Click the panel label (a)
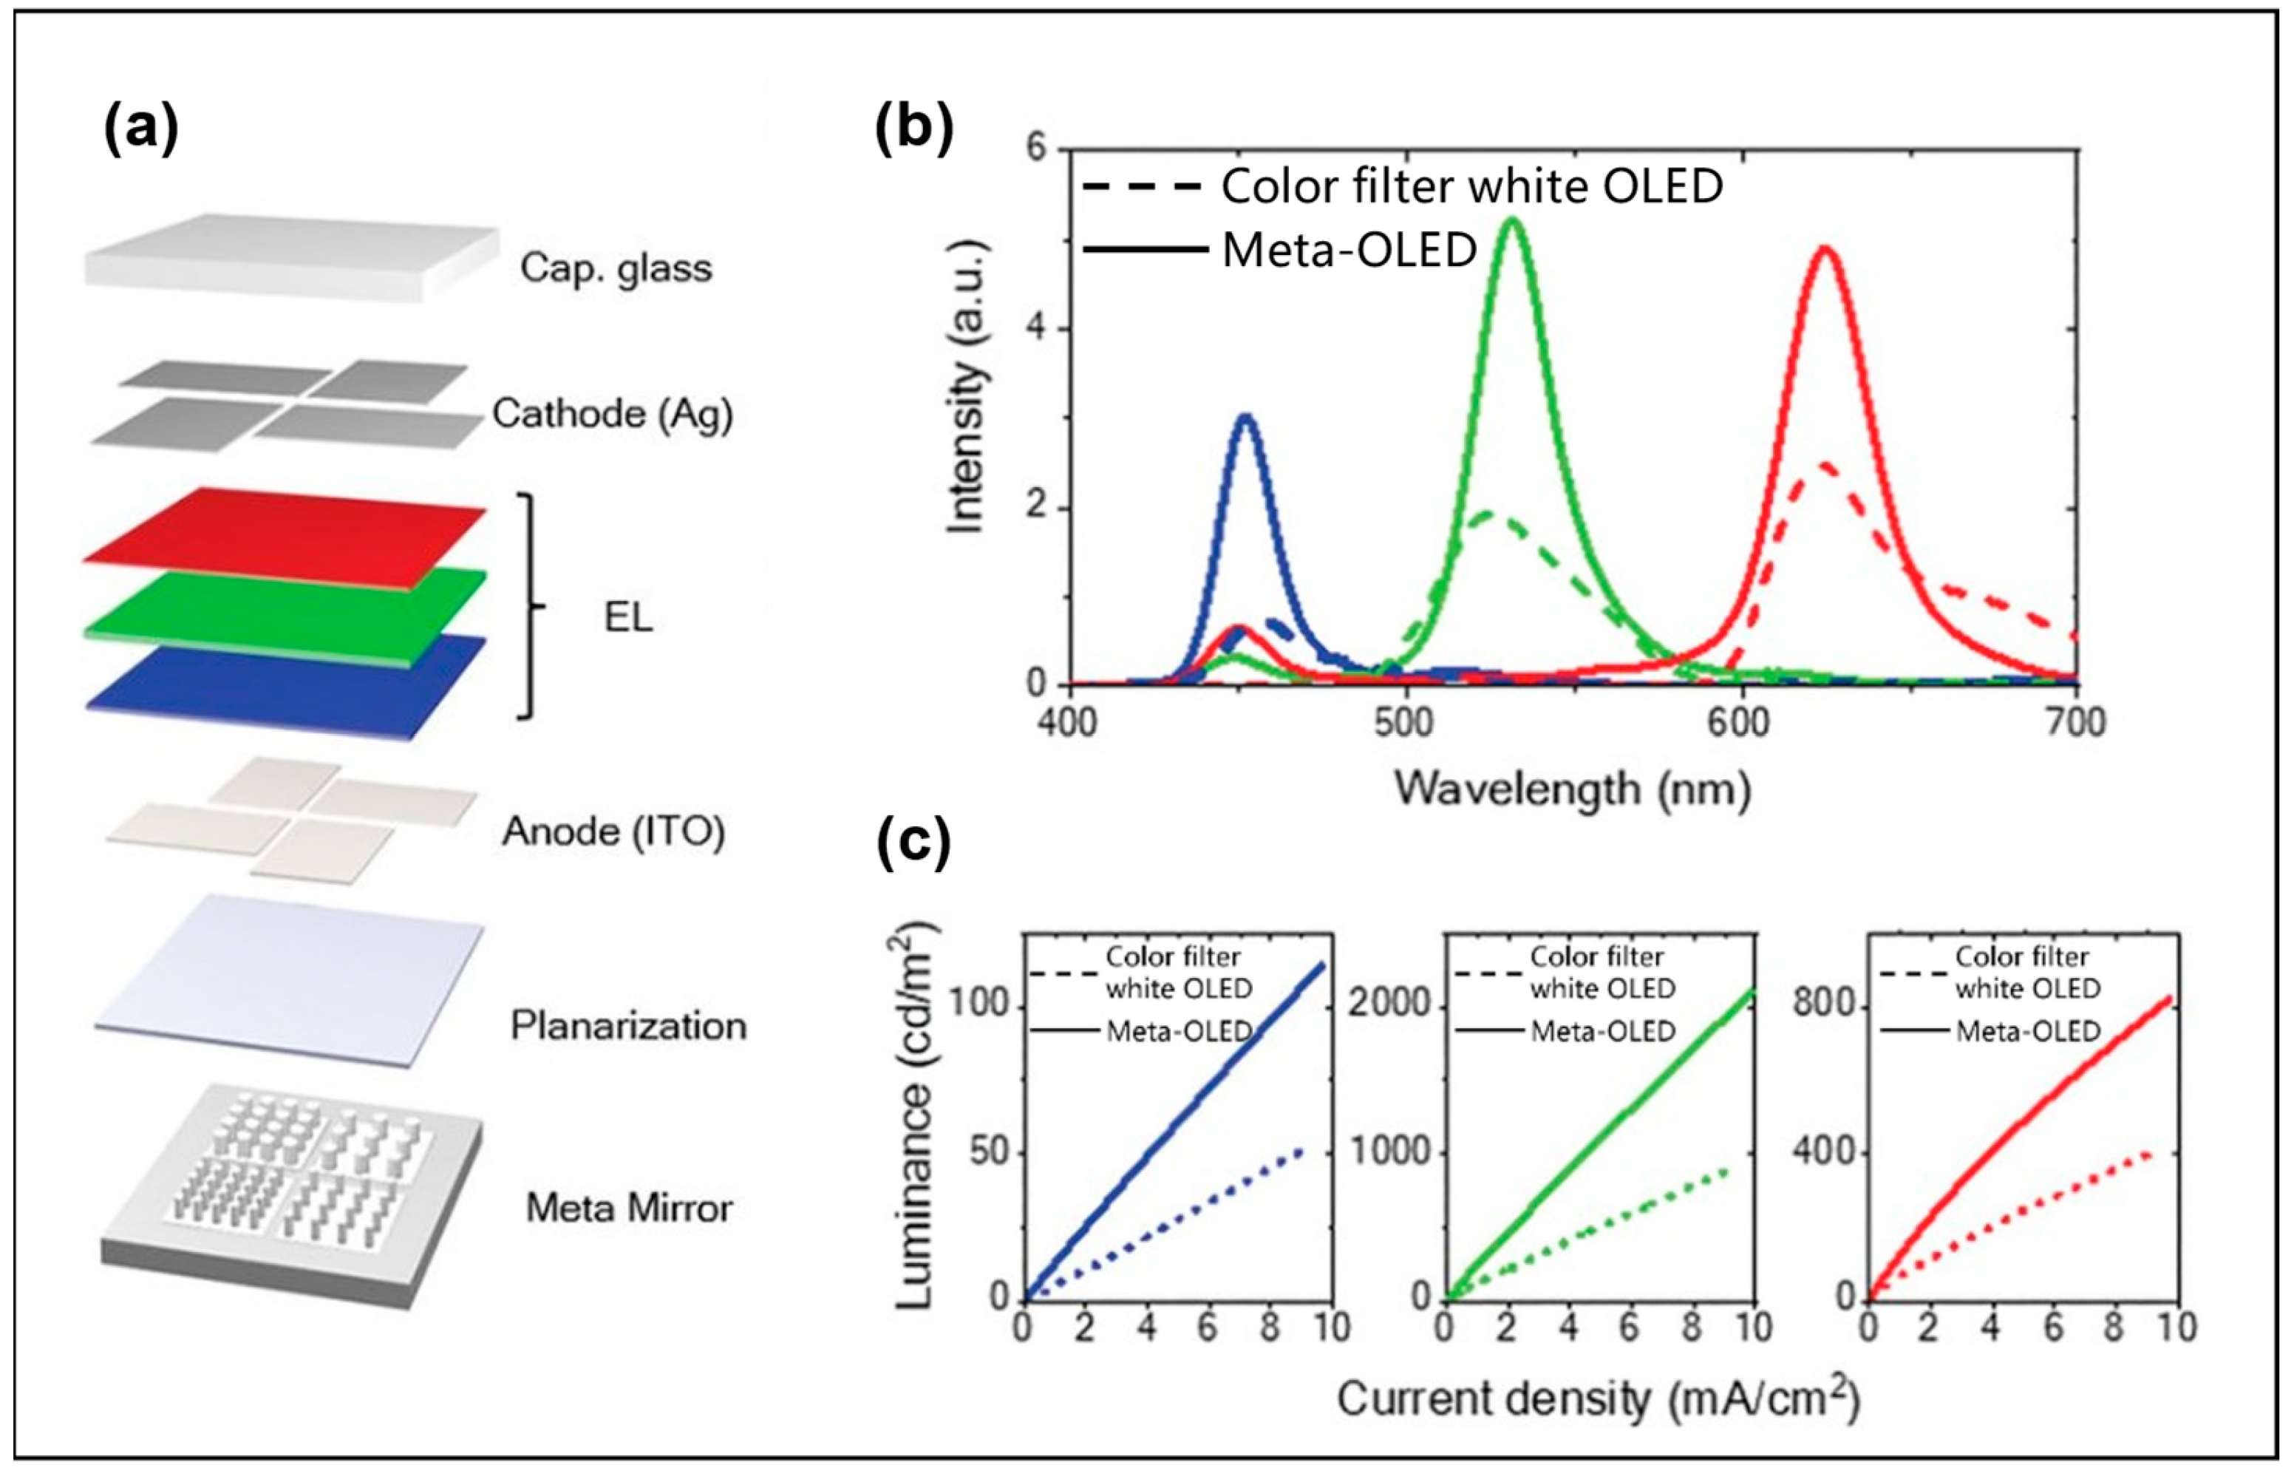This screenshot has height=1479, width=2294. point(141,129)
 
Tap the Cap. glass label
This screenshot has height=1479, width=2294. point(616,268)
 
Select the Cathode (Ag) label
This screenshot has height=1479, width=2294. point(613,414)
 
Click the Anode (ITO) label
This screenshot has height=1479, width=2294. point(613,831)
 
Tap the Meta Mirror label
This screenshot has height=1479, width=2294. point(629,1207)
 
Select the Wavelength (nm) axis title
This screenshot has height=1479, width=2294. point(1573,789)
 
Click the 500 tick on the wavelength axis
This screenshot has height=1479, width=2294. point(1405,722)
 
